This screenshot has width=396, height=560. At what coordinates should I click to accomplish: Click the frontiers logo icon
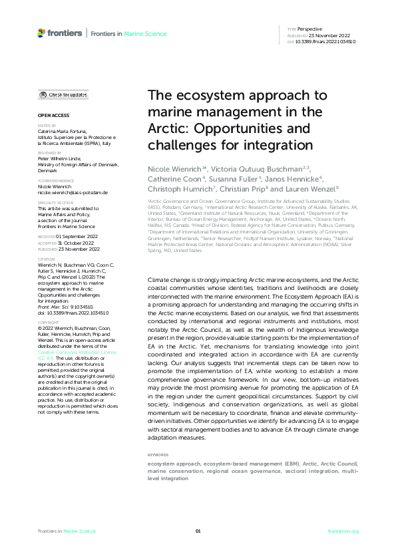pos(41,33)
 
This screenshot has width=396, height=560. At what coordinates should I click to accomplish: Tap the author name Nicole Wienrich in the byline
pos(176,170)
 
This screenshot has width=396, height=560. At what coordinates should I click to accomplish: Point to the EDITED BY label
pos(47,125)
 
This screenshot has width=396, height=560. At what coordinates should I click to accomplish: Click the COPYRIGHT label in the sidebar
pos(48,321)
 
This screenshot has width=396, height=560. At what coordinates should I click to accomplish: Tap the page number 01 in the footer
pos(198,531)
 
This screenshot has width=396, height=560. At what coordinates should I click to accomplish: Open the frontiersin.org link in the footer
pos(343,531)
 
